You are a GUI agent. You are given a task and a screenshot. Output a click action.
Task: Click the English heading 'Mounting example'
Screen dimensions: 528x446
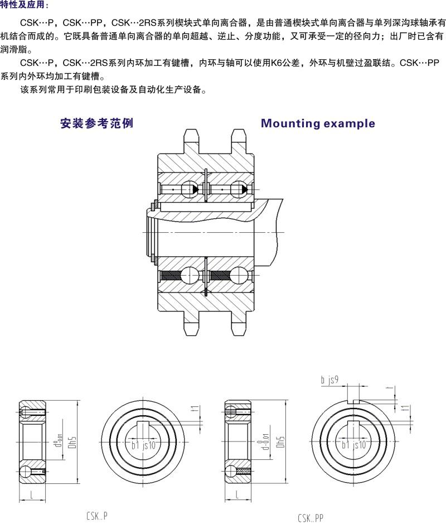318,123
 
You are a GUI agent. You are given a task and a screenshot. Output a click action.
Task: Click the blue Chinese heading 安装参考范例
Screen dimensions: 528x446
96,123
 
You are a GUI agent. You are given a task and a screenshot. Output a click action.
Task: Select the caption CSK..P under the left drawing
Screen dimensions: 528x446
97,516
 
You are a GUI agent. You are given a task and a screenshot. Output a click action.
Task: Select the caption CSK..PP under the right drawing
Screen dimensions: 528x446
310,519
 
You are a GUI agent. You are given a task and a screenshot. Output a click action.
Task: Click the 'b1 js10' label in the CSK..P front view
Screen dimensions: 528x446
143,445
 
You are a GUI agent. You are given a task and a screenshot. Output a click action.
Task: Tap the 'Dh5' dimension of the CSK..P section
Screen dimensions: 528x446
71,442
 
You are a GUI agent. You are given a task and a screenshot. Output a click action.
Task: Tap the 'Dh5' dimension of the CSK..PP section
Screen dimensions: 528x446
280,442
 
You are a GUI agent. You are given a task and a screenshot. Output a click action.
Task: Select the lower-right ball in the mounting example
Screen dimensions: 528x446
240,277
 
